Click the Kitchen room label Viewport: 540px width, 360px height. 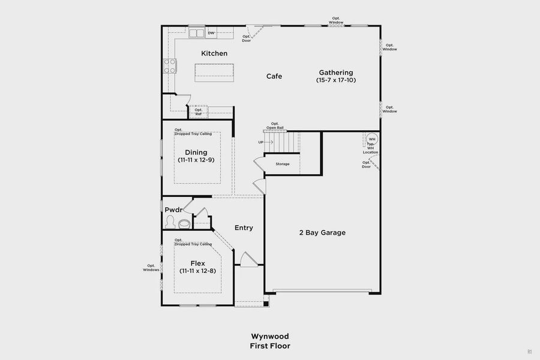pos(214,53)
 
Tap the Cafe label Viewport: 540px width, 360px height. pos(274,76)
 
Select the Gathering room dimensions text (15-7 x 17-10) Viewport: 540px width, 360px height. pos(336,80)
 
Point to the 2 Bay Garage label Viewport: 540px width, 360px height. pos(323,233)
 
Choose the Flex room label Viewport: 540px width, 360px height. pos(197,263)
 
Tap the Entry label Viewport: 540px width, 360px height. pos(244,228)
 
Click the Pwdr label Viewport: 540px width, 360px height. pos(173,210)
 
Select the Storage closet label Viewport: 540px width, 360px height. pos(283,164)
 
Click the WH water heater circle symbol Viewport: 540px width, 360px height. pos(372,139)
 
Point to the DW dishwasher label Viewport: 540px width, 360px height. pos(211,33)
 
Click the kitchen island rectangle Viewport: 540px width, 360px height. pos(214,72)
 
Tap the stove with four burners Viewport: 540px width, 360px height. pos(169,66)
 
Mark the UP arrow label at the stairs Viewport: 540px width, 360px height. pos(260,142)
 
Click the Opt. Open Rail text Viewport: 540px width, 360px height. pos(275,126)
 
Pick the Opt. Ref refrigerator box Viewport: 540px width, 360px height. pos(198,112)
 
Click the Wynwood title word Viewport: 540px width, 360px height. pos(269,337)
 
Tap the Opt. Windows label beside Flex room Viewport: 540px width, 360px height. pos(151,268)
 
